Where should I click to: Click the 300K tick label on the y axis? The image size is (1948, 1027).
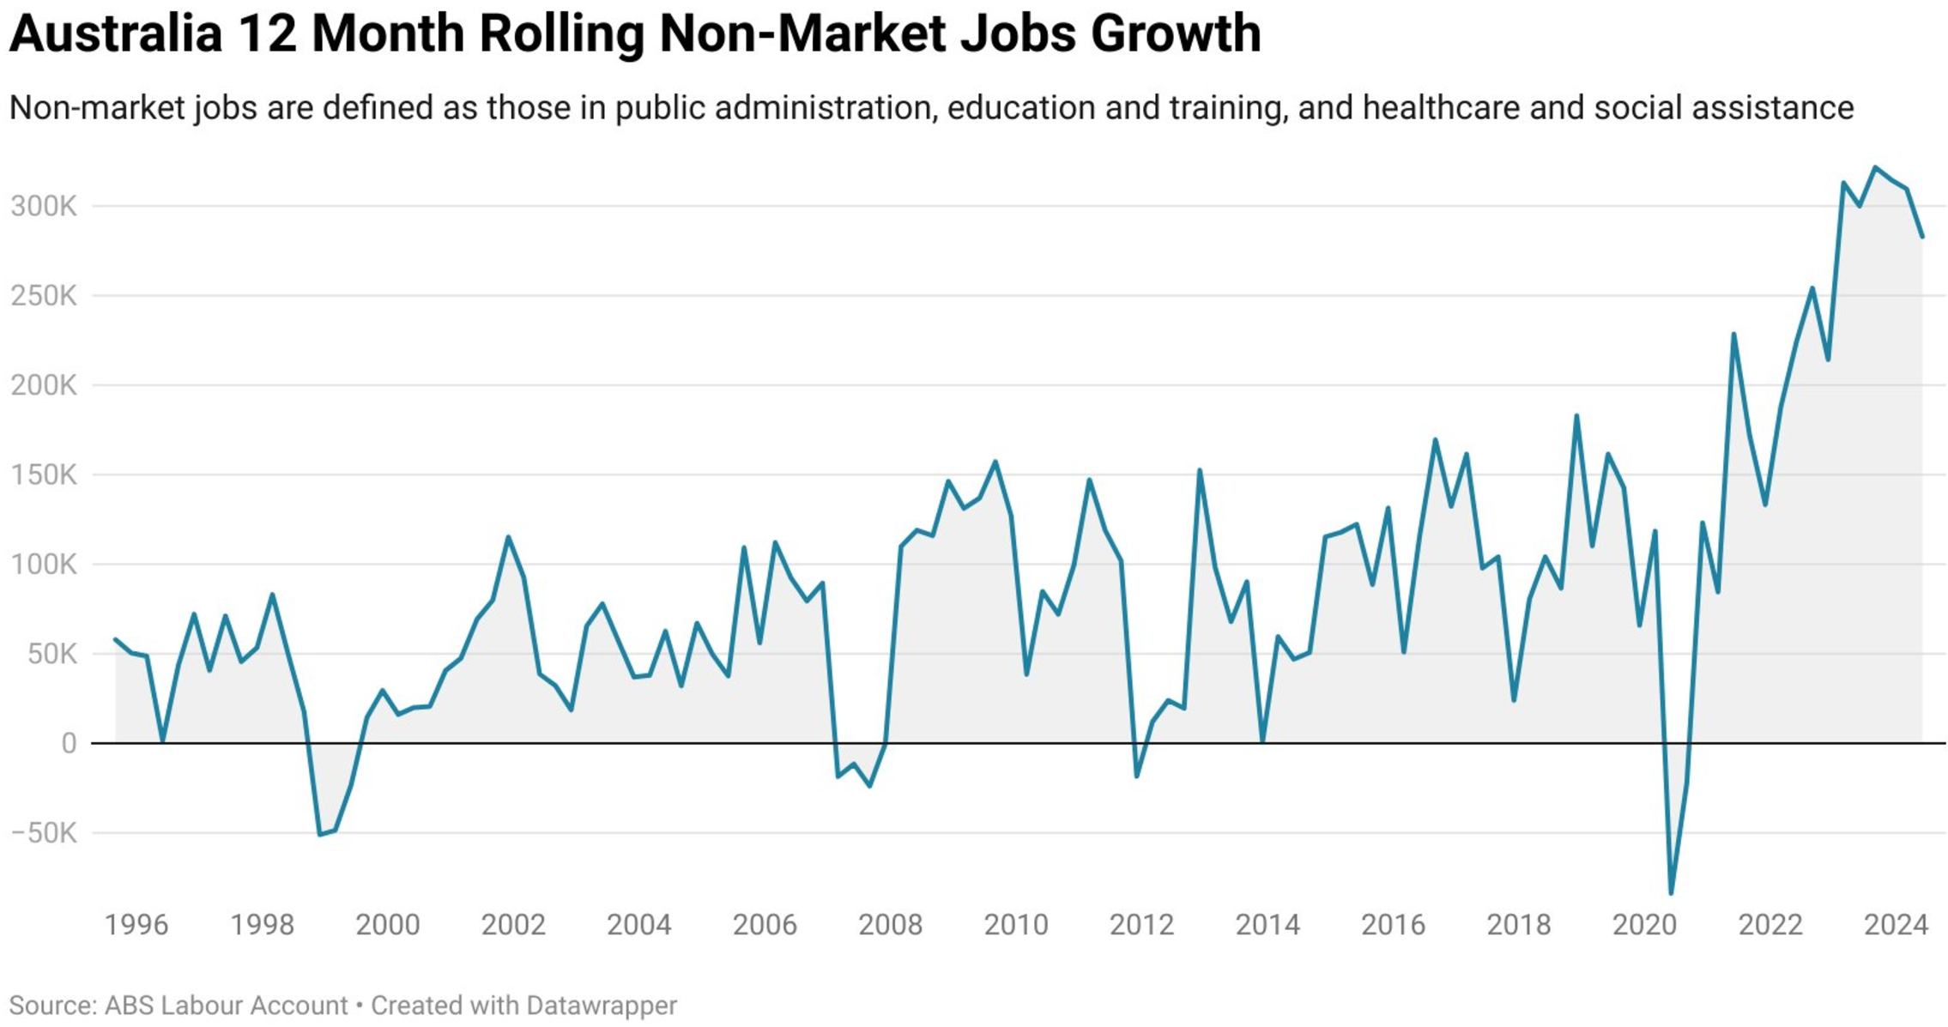point(44,206)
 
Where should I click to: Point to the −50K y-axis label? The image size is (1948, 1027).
point(44,832)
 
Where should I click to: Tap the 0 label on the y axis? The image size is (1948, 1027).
point(69,743)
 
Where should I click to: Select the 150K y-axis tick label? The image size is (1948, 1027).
point(44,474)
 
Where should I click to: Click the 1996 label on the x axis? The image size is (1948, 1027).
point(136,924)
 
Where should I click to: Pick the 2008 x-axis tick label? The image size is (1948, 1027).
point(890,924)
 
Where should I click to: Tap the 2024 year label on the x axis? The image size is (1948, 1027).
point(1896,924)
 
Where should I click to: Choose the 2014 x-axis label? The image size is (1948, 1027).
point(1267,924)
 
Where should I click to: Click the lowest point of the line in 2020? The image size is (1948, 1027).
point(1671,893)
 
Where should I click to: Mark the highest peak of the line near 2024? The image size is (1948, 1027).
point(1875,167)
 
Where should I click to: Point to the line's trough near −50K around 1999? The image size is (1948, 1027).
point(319,835)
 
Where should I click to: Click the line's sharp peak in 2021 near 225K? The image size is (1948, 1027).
point(1733,334)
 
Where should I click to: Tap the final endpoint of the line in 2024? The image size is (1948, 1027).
point(1922,237)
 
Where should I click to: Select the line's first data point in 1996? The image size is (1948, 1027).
point(115,639)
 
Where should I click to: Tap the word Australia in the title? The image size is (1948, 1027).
point(115,33)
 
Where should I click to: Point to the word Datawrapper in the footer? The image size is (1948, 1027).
point(602,1005)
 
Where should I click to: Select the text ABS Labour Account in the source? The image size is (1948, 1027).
point(226,1005)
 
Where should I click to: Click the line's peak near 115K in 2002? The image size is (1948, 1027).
point(508,537)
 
